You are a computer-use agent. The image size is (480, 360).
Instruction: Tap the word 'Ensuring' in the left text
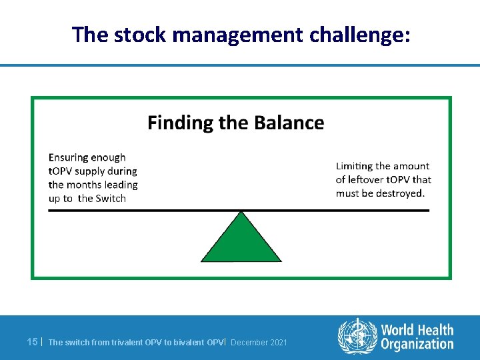pos(69,157)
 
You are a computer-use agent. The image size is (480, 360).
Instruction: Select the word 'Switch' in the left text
pos(111,198)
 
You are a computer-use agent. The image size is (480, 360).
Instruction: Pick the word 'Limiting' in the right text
pos(354,166)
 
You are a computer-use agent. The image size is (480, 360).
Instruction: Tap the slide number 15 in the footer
pos(31,342)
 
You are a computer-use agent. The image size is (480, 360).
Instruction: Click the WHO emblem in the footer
pos(357,335)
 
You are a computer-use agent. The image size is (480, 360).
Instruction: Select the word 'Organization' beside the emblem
pos(417,344)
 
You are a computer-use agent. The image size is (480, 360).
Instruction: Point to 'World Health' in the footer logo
pos(417,329)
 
